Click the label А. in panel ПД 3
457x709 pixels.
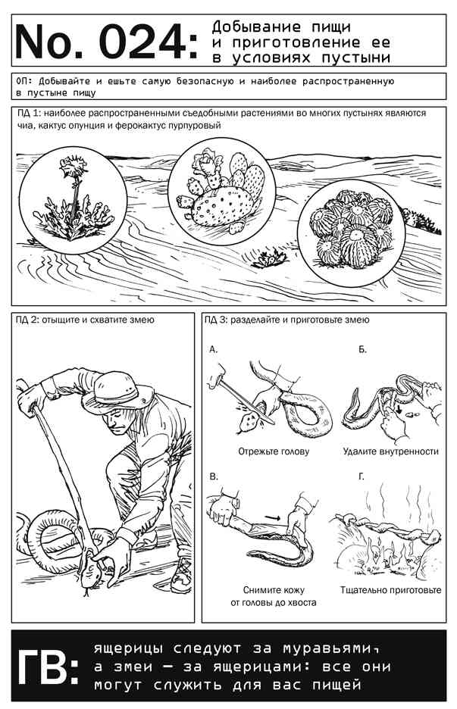[x=214, y=349]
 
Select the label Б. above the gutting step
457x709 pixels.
[x=362, y=349]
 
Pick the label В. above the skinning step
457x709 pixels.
[x=214, y=476]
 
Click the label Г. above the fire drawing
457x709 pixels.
[x=362, y=476]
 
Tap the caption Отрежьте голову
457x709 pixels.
[x=274, y=451]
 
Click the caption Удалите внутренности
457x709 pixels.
[x=391, y=451]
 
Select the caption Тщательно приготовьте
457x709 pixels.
[x=391, y=590]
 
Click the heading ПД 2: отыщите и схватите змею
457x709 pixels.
[x=85, y=320]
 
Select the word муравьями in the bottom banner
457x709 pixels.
[x=330, y=648]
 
